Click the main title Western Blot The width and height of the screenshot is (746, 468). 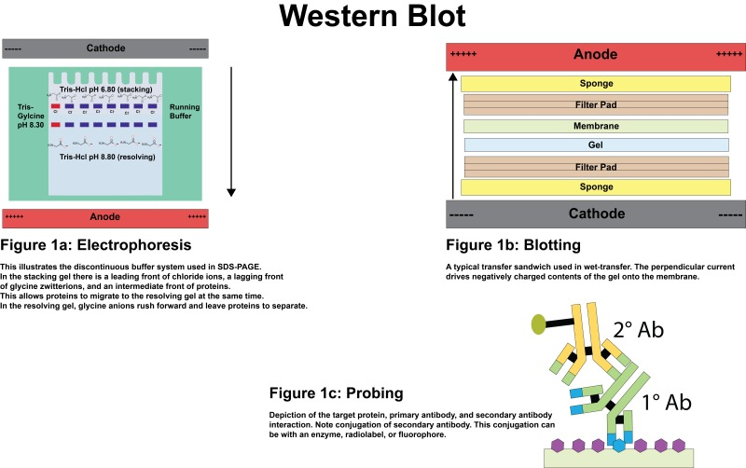[373, 19]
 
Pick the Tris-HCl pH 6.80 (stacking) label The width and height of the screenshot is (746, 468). [105, 89]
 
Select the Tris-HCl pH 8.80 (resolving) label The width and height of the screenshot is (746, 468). [105, 158]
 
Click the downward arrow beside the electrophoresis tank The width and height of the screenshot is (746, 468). [232, 131]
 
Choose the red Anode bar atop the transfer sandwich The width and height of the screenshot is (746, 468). [595, 56]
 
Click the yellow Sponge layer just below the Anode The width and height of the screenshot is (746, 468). [595, 84]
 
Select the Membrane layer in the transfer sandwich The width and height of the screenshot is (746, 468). [595, 125]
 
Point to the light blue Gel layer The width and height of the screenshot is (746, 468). [595, 145]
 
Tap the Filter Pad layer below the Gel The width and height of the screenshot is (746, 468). [595, 166]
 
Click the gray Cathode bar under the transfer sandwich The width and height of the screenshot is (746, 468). [595, 213]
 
